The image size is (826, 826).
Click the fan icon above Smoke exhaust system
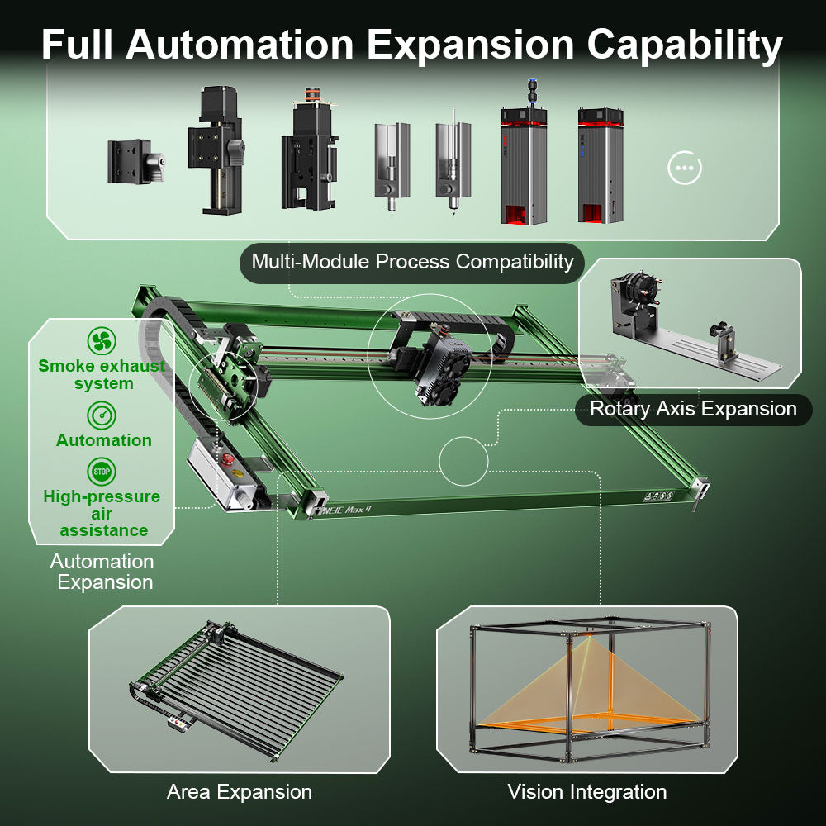click(102, 340)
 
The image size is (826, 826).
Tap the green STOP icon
click(102, 472)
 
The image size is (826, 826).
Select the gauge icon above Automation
click(102, 415)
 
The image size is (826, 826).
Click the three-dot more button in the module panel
click(684, 169)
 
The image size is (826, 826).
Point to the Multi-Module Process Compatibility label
click(412, 263)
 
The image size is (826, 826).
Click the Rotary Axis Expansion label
click(693, 409)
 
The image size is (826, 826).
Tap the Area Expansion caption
click(240, 792)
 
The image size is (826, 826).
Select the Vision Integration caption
click(587, 792)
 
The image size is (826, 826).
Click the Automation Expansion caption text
click(102, 572)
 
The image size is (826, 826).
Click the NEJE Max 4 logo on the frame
click(344, 509)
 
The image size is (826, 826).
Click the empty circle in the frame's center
click(463, 461)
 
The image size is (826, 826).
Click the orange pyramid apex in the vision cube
click(589, 638)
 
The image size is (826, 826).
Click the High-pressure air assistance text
click(102, 513)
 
